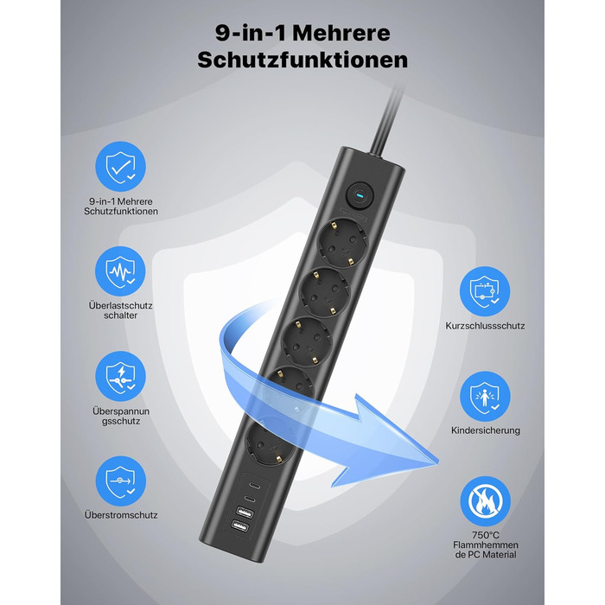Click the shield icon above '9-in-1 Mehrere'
tap(121, 169)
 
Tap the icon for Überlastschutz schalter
tap(121, 272)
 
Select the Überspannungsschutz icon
tap(121, 373)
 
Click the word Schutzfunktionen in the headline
tap(302, 60)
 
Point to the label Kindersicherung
tap(486, 430)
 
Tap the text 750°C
tap(486, 535)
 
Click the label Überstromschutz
tap(121, 514)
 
